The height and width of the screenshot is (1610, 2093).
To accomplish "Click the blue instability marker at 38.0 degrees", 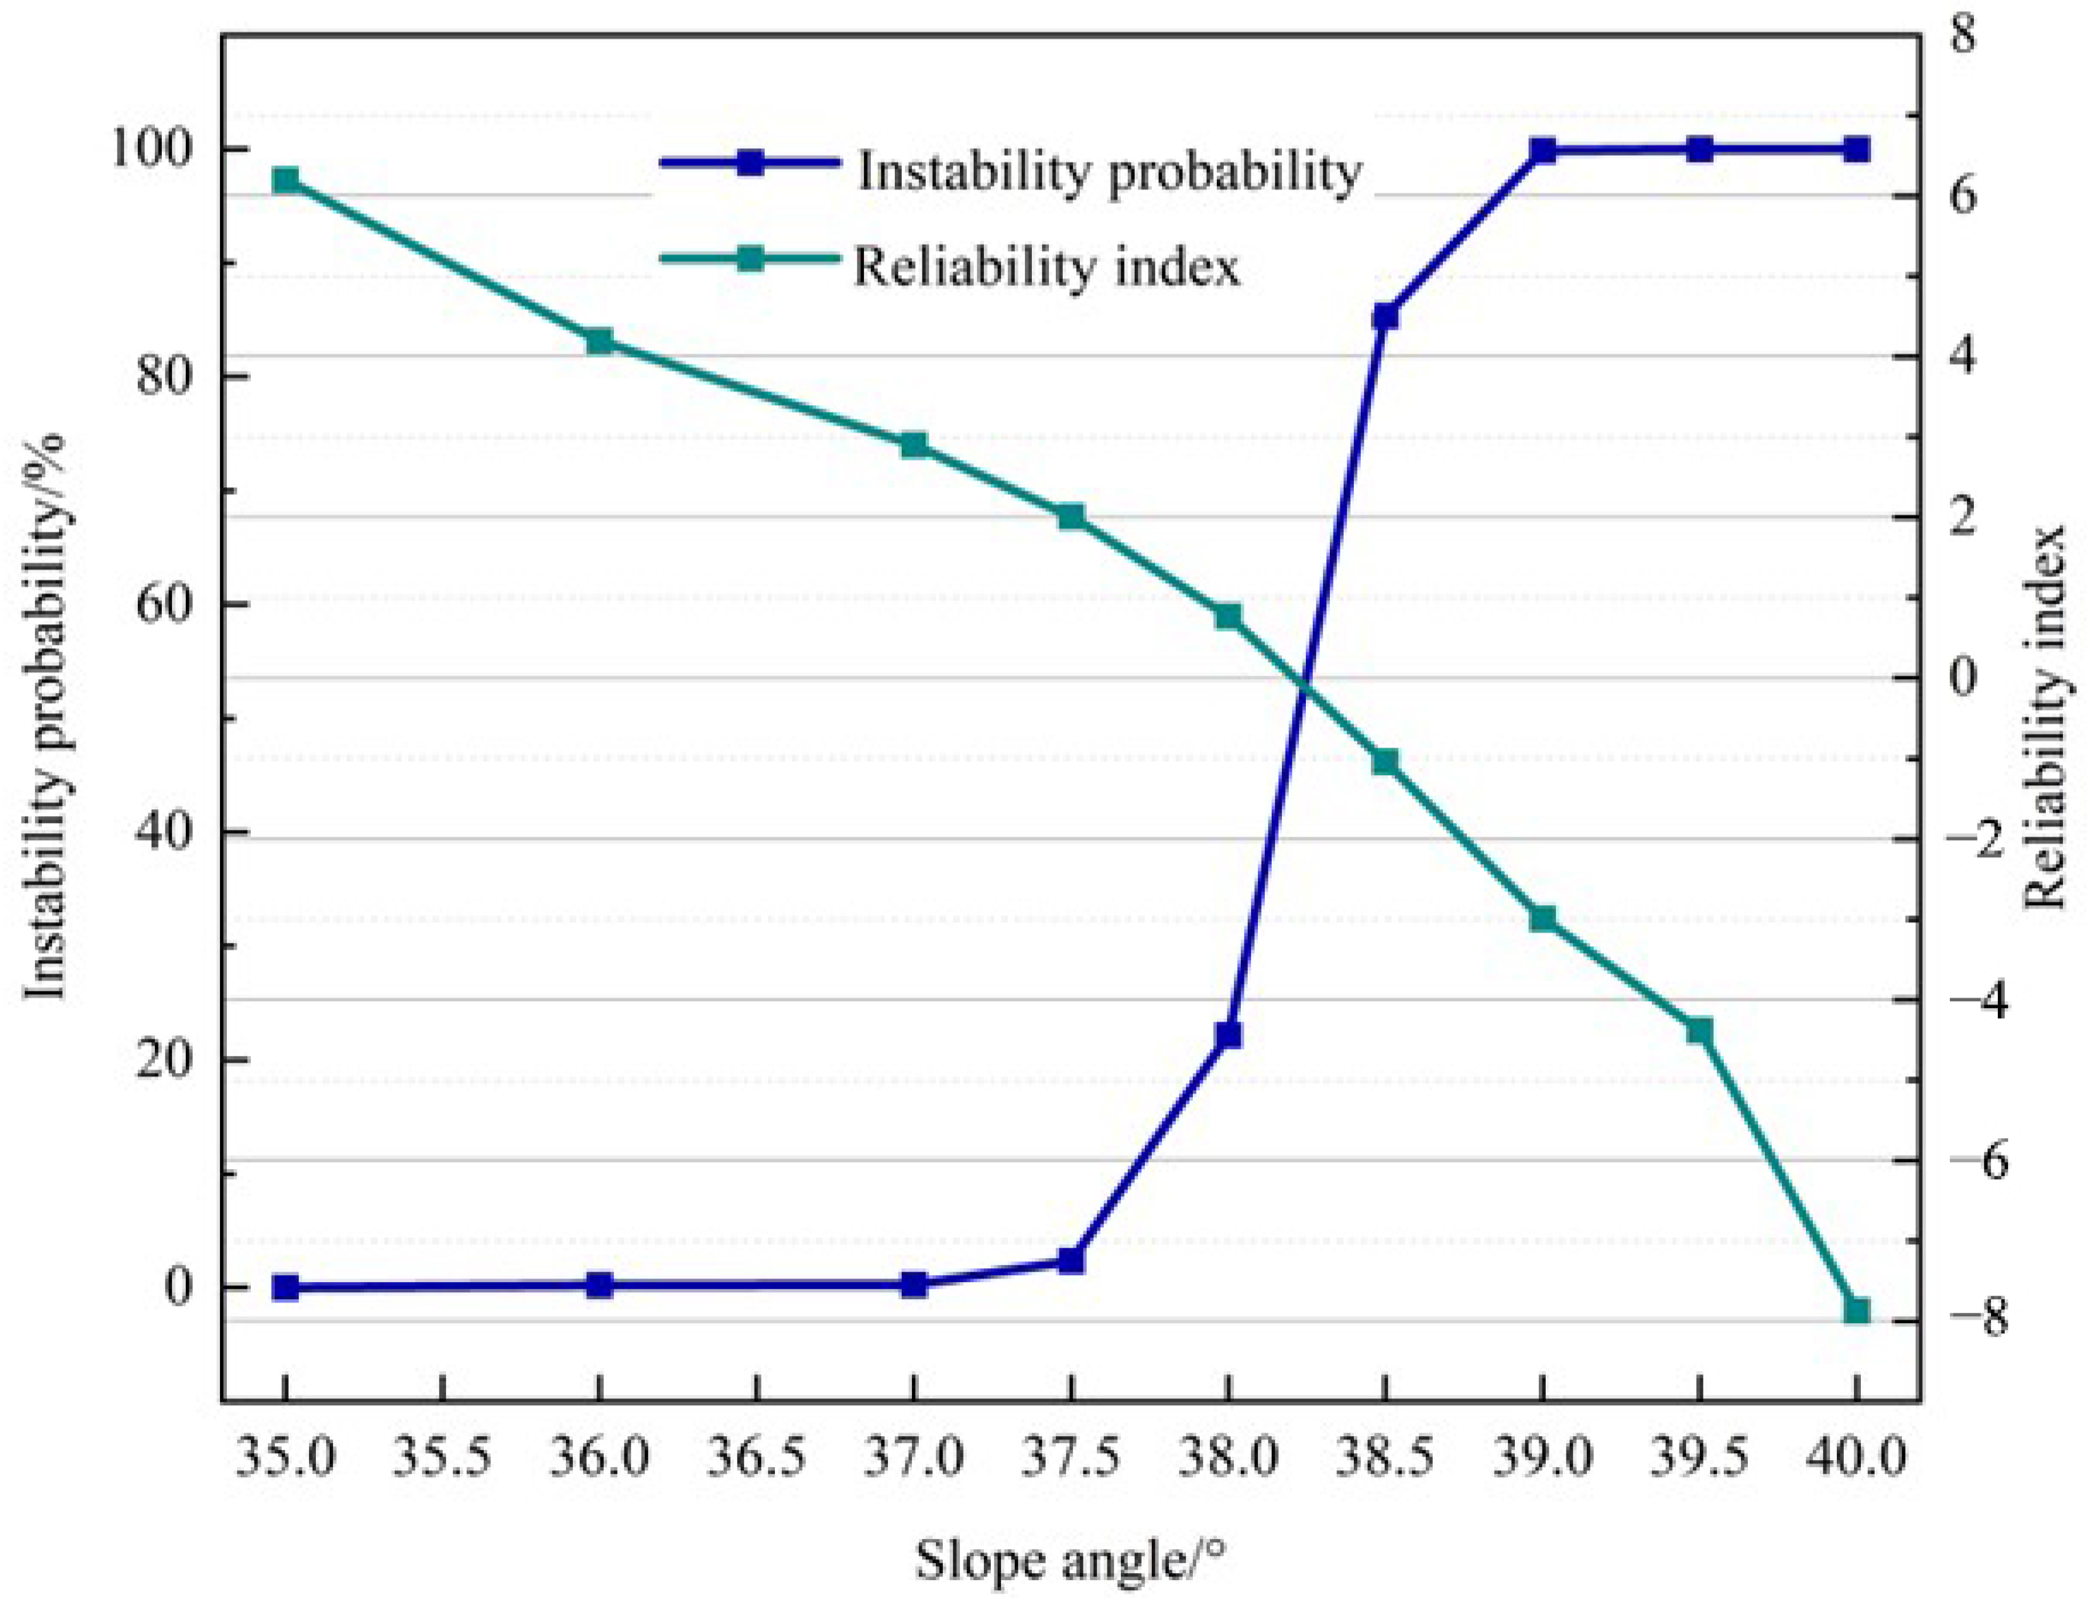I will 1228,1036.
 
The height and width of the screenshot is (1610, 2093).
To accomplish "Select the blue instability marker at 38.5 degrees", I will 1385,316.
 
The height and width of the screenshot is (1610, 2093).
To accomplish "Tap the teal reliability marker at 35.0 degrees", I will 284,182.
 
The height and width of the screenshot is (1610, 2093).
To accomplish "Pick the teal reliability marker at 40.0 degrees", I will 1857,1310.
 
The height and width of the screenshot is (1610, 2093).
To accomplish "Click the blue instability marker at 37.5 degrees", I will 1070,1261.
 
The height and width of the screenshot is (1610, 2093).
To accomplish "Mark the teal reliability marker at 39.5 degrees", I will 1699,1031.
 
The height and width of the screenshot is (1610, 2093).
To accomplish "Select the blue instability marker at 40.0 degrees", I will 1857,150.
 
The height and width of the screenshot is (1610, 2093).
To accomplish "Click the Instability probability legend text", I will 1109,172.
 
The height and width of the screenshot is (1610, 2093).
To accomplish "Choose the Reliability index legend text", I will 1046,266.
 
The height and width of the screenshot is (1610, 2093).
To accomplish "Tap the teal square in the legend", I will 750,259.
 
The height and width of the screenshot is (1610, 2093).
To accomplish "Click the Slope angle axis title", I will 1070,1560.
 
